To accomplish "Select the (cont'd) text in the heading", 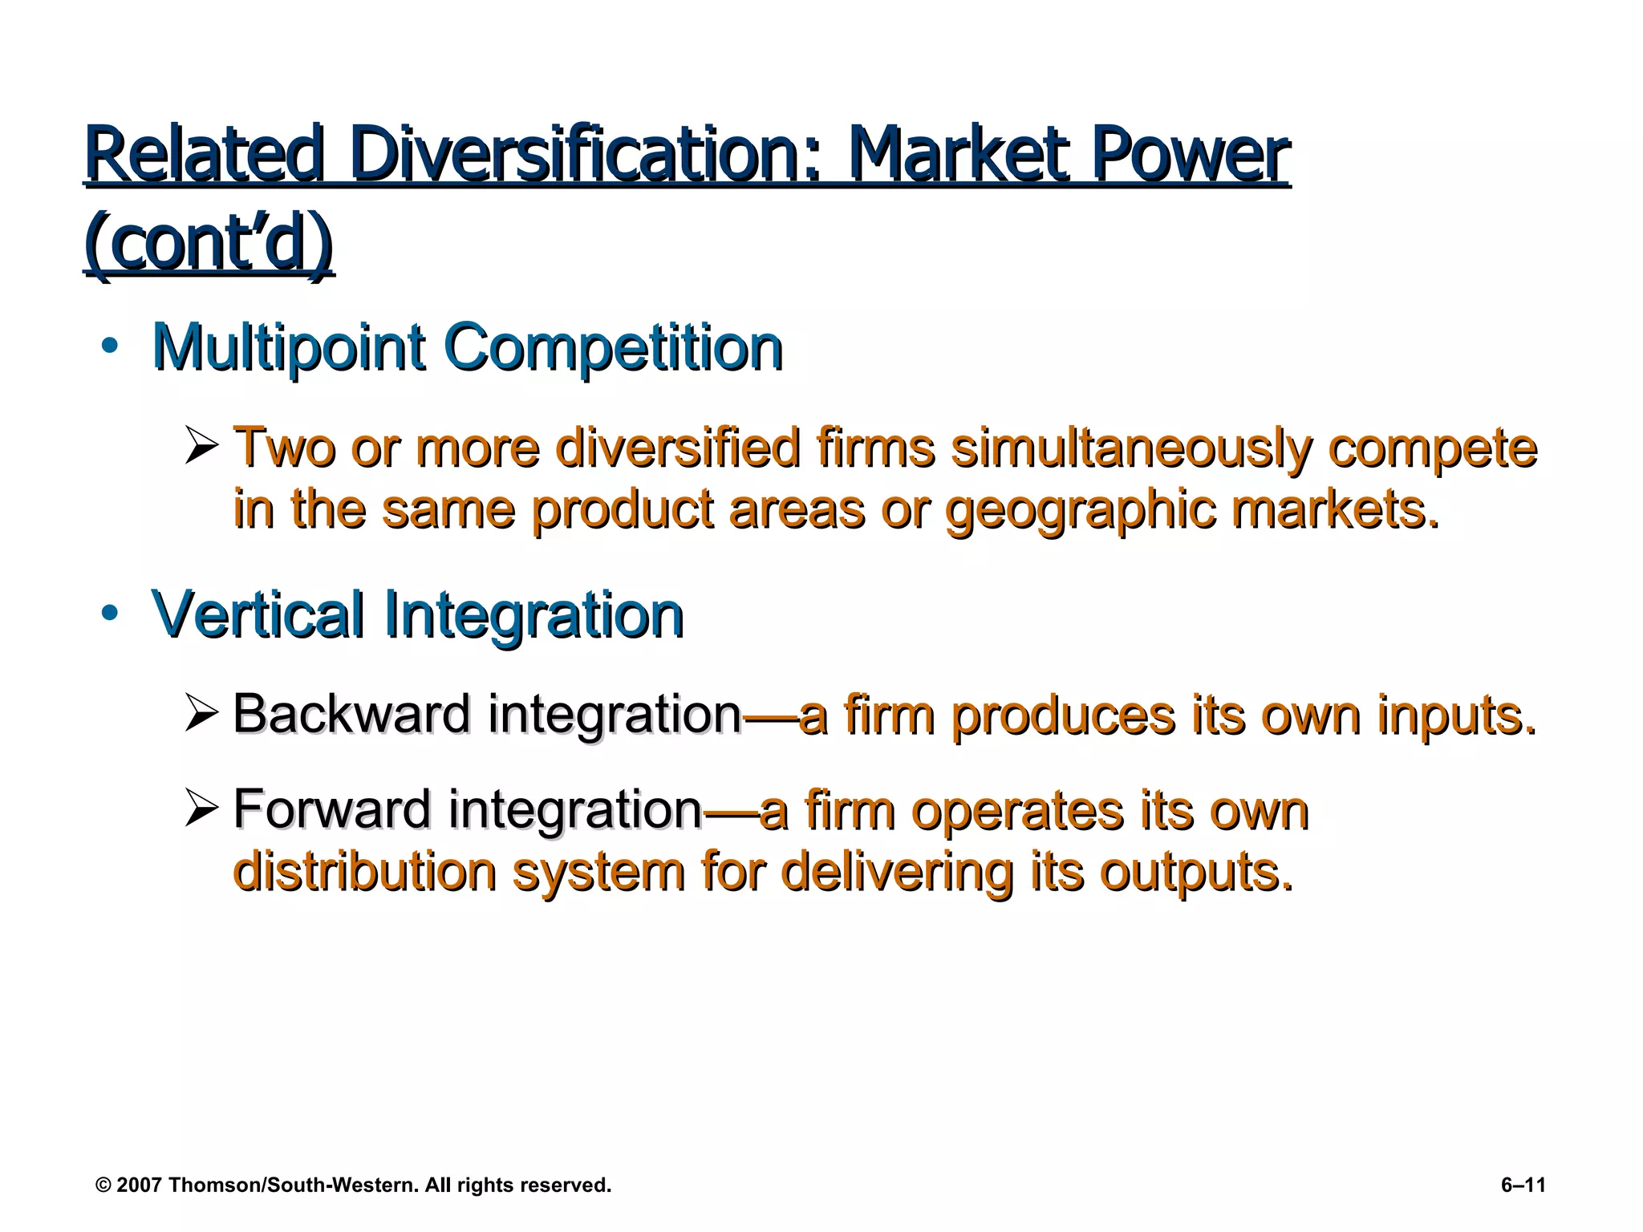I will pos(209,242).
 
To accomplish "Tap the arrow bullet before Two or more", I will pos(201,447).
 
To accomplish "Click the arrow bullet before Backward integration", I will pos(201,714).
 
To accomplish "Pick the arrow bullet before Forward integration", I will pos(201,808).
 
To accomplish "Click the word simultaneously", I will pos(1132,448).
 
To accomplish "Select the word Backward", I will pos(351,714).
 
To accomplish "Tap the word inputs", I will pos(1457,715).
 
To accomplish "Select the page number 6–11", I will pos(1523,1185).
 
